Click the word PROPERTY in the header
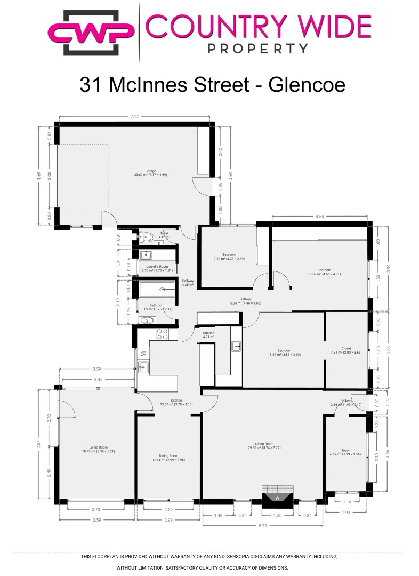(x=258, y=48)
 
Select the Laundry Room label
(x=156, y=266)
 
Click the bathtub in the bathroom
(x=158, y=291)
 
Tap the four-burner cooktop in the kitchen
(x=162, y=334)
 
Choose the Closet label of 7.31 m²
(x=346, y=350)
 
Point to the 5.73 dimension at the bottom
(x=262, y=526)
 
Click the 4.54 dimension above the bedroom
(x=320, y=217)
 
